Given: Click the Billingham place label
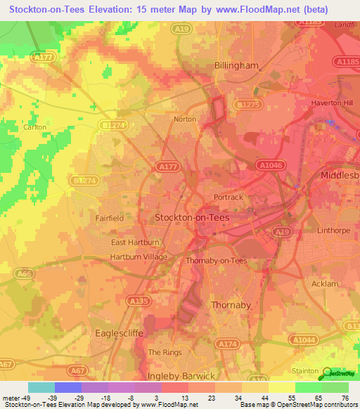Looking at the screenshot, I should click(x=236, y=65).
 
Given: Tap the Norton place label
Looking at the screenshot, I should click(x=185, y=119).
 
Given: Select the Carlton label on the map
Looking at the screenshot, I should click(x=34, y=127).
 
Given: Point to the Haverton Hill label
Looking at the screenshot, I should click(x=331, y=103).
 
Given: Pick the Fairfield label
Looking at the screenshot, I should click(x=110, y=219).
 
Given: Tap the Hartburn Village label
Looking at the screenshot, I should click(x=139, y=257).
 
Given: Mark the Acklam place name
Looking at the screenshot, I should click(x=324, y=284).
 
